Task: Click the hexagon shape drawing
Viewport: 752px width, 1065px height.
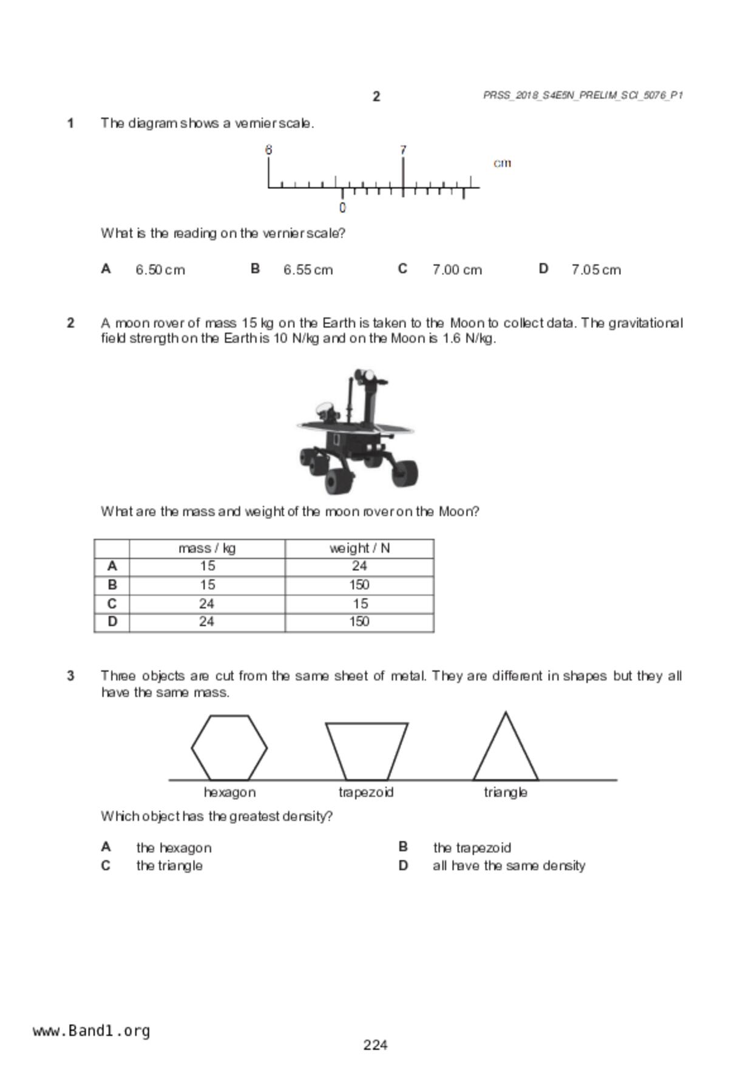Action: tap(229, 747)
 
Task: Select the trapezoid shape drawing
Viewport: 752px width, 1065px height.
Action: tap(367, 750)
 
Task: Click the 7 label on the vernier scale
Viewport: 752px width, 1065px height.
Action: tap(403, 149)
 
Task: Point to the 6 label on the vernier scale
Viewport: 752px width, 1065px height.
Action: tap(268, 149)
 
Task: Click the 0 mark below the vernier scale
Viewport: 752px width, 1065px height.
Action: tap(342, 208)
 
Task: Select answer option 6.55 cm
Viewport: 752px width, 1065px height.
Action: tap(308, 270)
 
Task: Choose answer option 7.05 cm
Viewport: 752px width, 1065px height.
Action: tap(596, 270)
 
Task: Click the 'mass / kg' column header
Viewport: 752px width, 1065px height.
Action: tap(207, 548)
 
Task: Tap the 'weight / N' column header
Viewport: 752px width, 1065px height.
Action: tap(359, 548)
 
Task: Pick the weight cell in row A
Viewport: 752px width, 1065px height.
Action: tap(359, 567)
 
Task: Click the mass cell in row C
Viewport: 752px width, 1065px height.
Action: tap(207, 604)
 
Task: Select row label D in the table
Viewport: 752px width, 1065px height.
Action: tap(112, 622)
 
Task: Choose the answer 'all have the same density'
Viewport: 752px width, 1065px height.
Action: tap(509, 865)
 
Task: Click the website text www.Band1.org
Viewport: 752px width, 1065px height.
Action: tap(92, 1030)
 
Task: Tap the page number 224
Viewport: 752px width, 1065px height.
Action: tap(376, 1044)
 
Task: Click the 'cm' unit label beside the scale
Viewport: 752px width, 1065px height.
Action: tap(502, 163)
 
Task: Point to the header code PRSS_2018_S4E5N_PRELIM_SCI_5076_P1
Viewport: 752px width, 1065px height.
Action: tap(583, 95)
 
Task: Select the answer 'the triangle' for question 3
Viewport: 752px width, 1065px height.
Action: tap(169, 865)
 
